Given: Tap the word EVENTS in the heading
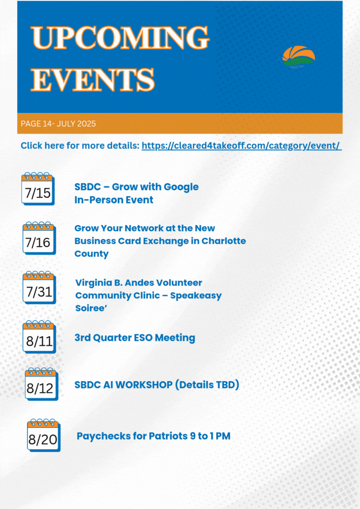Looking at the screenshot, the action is coord(92,79).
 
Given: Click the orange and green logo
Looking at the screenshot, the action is coord(299,57).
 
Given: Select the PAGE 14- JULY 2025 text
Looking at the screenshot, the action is coord(58,124).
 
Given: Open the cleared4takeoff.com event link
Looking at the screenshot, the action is coord(242,145).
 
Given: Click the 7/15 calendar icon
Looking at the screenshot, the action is coord(38,189).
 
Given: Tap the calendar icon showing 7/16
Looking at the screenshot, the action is coord(39,238).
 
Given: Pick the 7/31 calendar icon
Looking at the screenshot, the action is coord(39,288).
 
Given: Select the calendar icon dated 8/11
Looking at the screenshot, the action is coord(39,337).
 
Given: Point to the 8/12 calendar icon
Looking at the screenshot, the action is coord(41,384).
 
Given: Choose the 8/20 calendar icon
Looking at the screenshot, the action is coord(44,435).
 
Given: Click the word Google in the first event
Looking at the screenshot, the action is coord(181,187).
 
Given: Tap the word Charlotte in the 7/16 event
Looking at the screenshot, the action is coord(224,241).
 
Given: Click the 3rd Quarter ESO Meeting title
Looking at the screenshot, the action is coord(135,338).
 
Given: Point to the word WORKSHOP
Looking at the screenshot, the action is coord(144,385).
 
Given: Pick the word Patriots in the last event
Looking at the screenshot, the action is coord(168,436).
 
